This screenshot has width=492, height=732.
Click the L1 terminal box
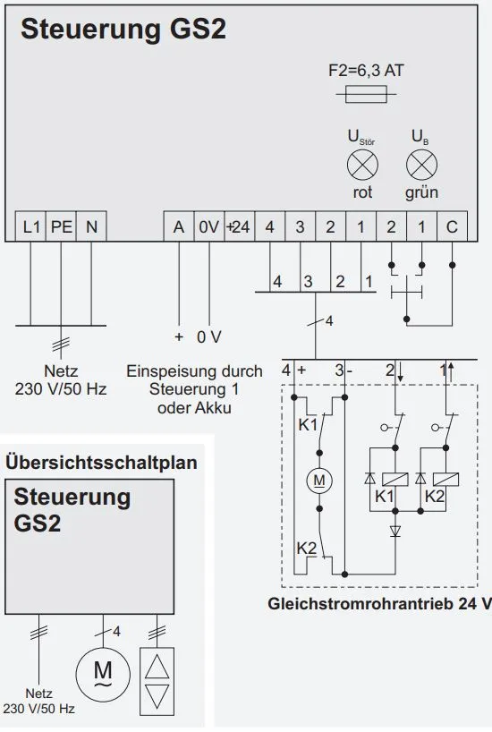pos(30,226)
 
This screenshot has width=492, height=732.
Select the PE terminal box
pos(61,226)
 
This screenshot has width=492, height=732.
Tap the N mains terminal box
pos(91,226)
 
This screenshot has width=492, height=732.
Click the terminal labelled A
pos(179,226)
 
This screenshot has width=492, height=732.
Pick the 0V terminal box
pos(209,226)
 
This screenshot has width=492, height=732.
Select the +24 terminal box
pos(240,226)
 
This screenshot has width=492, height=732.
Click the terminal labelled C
pos(452,226)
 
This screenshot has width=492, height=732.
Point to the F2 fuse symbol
pos(366,94)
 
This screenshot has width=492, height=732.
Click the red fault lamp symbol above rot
pos(362,166)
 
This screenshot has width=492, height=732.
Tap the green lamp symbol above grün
pos(422,166)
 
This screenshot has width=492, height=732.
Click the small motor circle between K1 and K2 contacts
pos(319,480)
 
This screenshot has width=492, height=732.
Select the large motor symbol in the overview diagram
pos(103,674)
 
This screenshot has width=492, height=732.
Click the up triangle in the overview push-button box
pos(157,667)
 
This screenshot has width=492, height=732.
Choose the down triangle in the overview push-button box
pos(157,696)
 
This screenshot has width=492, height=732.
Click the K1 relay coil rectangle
pos(394,480)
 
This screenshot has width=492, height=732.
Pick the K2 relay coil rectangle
pos(445,480)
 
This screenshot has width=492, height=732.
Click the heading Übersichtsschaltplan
pos(101,463)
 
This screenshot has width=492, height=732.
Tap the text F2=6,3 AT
pos(366,71)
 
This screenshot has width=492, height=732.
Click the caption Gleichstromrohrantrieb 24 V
pos(379,604)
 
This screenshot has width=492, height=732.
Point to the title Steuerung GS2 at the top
pos(123,29)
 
